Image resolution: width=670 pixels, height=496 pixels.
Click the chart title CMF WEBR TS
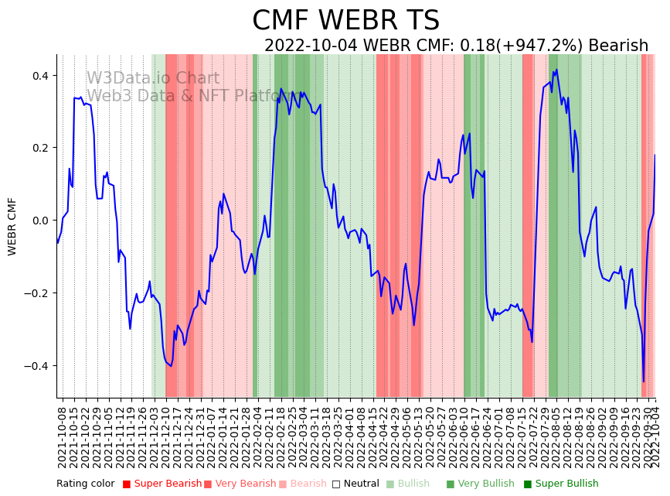coord(345,21)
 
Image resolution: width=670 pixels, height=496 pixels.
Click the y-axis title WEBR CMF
coord(12,226)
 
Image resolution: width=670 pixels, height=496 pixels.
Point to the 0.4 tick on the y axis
coord(39,76)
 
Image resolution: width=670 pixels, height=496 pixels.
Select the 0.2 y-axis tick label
coord(39,148)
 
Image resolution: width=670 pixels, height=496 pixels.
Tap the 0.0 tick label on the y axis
coord(39,221)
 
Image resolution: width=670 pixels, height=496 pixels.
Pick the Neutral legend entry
coord(359,484)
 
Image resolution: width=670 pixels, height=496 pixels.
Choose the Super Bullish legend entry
coord(566,484)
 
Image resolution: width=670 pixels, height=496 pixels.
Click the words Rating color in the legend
coord(85,484)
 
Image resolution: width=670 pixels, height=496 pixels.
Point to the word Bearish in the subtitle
coord(618,46)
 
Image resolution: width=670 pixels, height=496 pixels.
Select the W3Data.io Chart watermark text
coord(153,78)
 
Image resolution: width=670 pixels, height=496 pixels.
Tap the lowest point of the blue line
coord(643,381)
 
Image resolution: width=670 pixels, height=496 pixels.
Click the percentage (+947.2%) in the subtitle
coord(532,46)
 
